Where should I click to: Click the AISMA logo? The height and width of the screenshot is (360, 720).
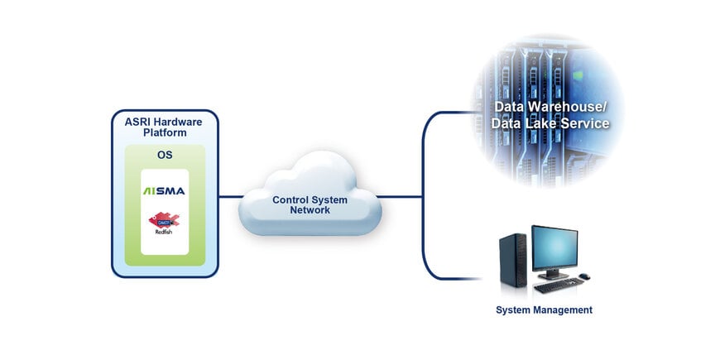(164, 191)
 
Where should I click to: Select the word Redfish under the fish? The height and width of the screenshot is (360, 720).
(164, 232)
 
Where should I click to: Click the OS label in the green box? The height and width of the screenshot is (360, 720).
(164, 155)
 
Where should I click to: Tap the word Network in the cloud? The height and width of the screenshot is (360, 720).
(310, 210)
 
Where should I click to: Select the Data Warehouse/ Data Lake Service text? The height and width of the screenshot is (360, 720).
(550, 116)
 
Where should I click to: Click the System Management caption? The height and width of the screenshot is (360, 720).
(544, 310)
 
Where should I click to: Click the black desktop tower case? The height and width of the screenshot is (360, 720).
(511, 261)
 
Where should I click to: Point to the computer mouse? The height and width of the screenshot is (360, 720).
(584, 276)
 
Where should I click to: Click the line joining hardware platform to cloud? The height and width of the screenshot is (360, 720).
(229, 197)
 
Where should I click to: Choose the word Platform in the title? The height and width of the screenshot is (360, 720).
(164, 132)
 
